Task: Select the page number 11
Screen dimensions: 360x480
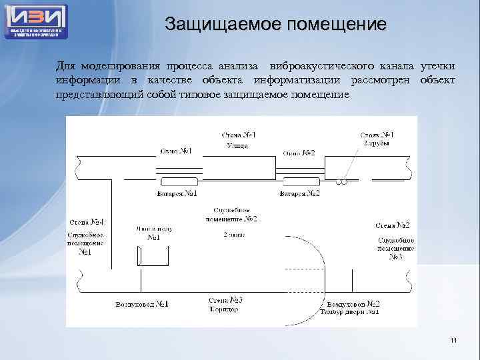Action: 453,341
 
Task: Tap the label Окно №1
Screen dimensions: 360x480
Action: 176,151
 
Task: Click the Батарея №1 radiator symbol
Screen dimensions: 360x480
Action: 177,182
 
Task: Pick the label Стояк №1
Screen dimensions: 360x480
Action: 377,135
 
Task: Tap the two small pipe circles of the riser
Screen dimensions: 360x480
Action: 342,182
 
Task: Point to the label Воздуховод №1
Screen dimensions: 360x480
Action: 142,305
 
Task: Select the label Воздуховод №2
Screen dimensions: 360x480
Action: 349,304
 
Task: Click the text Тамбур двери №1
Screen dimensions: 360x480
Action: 349,312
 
